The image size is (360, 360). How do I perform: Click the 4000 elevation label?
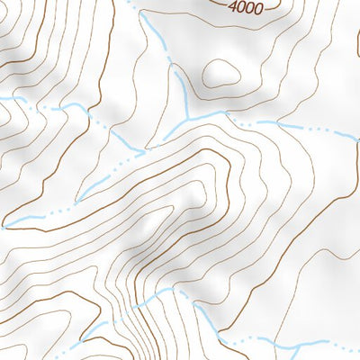[246, 8]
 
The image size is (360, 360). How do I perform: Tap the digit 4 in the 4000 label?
[233, 8]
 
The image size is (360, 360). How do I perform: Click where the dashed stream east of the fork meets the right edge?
[358, 136]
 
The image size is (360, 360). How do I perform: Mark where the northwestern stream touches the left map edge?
[2, 98]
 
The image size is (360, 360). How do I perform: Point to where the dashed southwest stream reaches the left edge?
[2, 225]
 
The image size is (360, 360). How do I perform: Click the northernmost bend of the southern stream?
[166, 291]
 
